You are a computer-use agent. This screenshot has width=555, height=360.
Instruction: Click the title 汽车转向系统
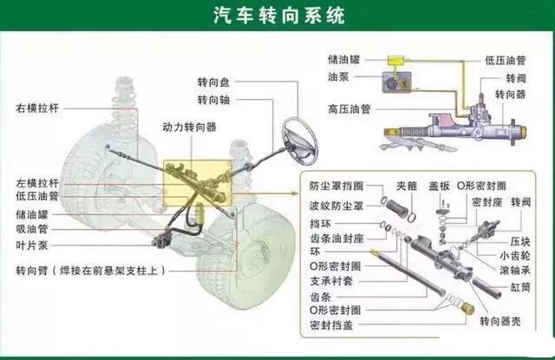tap(278, 16)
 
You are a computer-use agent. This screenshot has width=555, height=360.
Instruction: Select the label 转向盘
tap(213, 82)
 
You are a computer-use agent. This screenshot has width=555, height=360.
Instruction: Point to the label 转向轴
tap(213, 100)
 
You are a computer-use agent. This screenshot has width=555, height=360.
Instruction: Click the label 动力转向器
tap(189, 127)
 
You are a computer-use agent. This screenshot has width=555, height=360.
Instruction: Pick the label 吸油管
tap(31, 228)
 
